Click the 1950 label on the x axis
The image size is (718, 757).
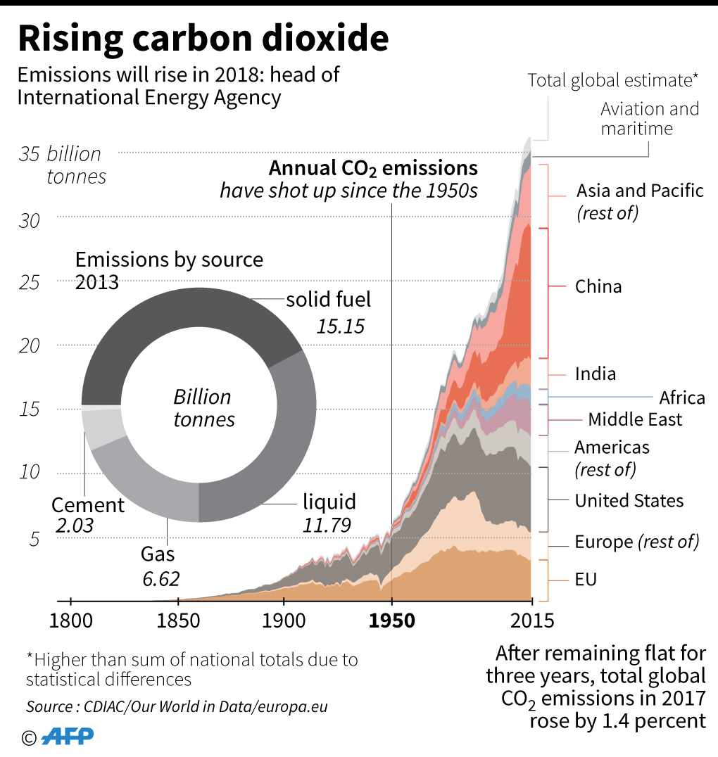pos(391,621)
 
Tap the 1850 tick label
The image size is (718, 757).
pos(179,621)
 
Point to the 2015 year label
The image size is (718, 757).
pos(531,621)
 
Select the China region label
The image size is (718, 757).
pos(598,286)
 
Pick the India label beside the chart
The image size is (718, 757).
pos(595,374)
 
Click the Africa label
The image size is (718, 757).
pos(681,397)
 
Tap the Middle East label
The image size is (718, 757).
pos(635,420)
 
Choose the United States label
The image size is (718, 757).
pos(629,501)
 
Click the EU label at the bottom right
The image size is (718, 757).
pos(586,580)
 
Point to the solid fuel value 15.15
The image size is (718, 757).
pos(340,326)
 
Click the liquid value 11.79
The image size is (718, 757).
pos(327,526)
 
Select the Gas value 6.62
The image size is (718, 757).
pos(160,579)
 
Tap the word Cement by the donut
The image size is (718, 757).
pos(88,505)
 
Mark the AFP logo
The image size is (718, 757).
pos(66,737)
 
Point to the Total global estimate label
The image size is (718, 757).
pos(612,80)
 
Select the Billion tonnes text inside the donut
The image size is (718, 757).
pos(203,408)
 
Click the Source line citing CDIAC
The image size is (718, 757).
pos(177,706)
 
